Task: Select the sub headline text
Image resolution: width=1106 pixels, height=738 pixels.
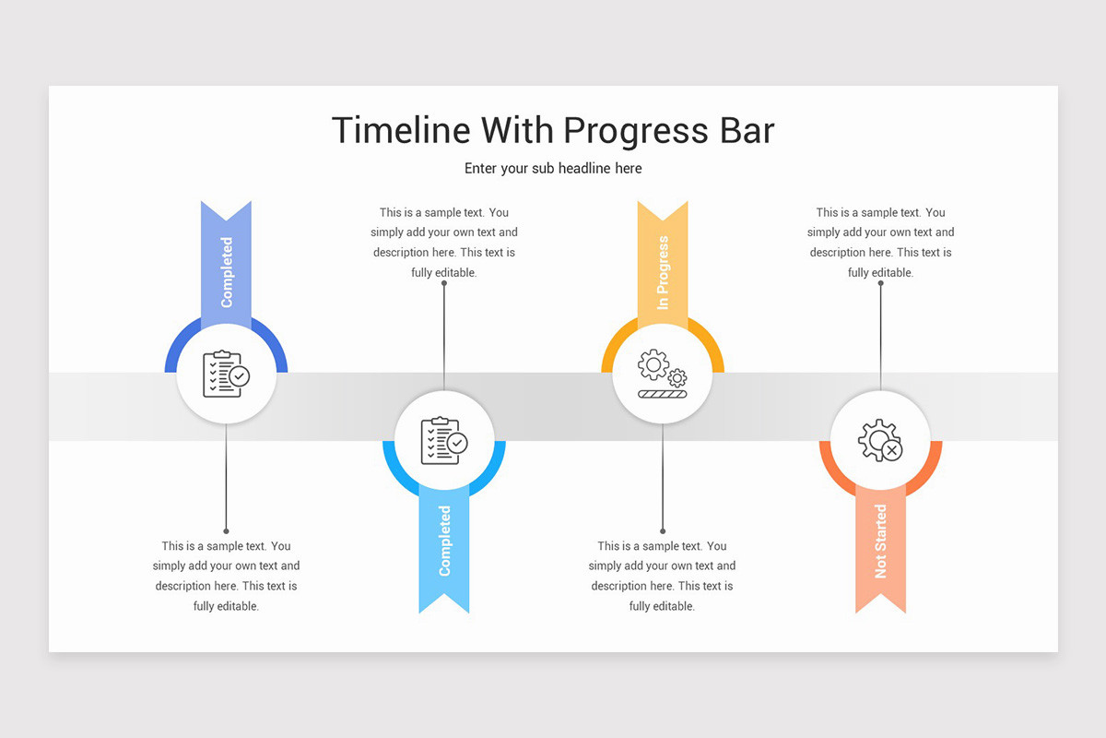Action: pyautogui.click(x=553, y=169)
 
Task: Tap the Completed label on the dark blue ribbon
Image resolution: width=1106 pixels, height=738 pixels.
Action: pyautogui.click(x=227, y=272)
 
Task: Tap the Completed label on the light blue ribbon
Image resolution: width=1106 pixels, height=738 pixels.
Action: pyautogui.click(x=444, y=541)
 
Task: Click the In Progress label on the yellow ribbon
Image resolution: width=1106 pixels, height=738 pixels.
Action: pyautogui.click(x=663, y=272)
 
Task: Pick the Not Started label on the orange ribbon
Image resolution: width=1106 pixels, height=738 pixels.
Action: pyautogui.click(x=880, y=541)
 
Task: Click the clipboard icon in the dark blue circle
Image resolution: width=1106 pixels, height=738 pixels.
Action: pyautogui.click(x=226, y=375)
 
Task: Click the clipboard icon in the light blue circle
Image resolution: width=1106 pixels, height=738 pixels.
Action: pyautogui.click(x=444, y=440)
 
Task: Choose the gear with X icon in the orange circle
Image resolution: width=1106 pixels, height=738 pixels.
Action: pyautogui.click(x=880, y=440)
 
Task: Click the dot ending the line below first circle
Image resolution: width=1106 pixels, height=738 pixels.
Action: pyautogui.click(x=226, y=531)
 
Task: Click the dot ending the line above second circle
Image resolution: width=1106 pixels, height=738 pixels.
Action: pyautogui.click(x=444, y=283)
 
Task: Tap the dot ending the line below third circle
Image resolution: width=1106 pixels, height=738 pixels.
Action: pyautogui.click(x=663, y=531)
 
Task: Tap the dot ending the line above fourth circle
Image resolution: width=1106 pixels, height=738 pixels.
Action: pyautogui.click(x=880, y=283)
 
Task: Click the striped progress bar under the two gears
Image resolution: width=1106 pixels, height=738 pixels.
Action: pyautogui.click(x=662, y=394)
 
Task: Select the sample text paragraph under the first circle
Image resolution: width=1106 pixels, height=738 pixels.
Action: pyautogui.click(x=226, y=576)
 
